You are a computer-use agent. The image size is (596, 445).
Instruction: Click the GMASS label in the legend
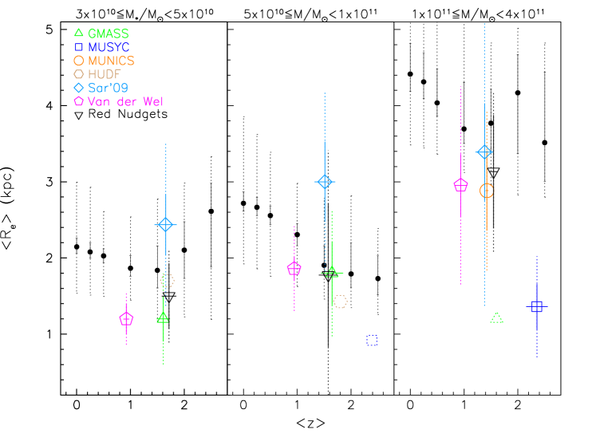coord(108,33)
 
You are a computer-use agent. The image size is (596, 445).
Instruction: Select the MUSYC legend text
coord(109,47)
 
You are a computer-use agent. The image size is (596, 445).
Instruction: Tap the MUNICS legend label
coord(111,61)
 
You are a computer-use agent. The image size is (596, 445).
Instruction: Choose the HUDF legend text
coord(105,74)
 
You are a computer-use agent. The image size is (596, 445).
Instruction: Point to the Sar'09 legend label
coord(108,88)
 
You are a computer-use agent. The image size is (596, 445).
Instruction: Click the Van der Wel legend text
coord(125,101)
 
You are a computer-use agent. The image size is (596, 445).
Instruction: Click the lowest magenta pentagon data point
coord(126,319)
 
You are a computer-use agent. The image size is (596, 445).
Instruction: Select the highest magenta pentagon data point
coord(460,185)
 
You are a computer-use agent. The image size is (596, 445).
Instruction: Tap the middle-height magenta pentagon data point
coord(294,269)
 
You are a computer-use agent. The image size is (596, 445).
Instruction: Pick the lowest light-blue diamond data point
coord(165,225)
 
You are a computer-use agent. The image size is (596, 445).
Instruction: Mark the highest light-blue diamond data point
coord(484,152)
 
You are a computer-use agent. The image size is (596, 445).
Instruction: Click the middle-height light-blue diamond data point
coord(324,182)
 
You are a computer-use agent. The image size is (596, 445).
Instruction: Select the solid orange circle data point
coord(487,191)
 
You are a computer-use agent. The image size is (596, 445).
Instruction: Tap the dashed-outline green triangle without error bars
coord(497,318)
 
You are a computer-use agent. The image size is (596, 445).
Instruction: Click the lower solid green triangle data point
coord(164,317)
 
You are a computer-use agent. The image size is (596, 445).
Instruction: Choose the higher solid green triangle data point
coord(332,272)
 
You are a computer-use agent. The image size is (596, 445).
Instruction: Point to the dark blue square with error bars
coord(536,306)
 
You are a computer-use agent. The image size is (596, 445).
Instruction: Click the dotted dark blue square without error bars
coord(372,341)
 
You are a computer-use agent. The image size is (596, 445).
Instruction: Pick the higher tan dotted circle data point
coord(168,281)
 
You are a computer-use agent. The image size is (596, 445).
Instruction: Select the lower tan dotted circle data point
coord(341,301)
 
